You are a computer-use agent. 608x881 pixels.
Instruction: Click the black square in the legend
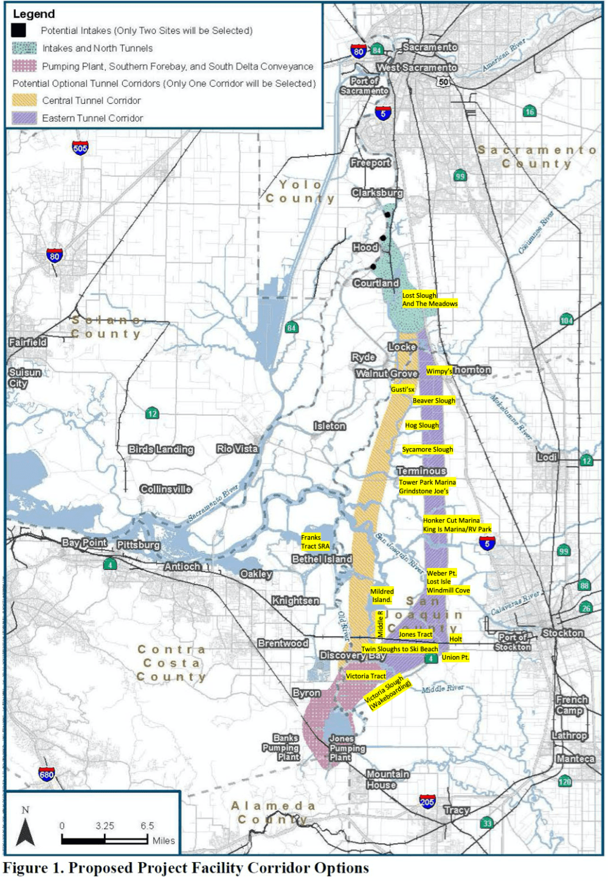pos(18,30)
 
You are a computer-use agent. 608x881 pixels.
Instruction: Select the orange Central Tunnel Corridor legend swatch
pos(24,100)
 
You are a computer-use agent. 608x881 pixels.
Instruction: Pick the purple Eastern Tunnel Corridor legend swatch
pos(24,118)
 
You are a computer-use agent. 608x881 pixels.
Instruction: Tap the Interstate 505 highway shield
pos(80,148)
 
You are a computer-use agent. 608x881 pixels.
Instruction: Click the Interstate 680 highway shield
pos(47,774)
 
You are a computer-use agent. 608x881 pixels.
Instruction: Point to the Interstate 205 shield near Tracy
pos(427,801)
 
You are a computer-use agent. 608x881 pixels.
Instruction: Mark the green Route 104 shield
pos(567,320)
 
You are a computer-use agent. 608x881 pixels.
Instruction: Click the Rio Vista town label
pos(237,449)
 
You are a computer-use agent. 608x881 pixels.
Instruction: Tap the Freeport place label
pos(370,163)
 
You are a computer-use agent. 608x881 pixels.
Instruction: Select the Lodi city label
pos(547,457)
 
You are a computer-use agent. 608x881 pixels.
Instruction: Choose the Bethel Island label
pos(322,559)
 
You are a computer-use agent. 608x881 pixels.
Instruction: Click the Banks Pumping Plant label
pos(282,747)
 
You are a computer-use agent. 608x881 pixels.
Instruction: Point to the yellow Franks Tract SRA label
pos(315,542)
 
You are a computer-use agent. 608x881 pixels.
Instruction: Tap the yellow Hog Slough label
pos(422,426)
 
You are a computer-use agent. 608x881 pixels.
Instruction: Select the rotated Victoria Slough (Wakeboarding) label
pos(388,692)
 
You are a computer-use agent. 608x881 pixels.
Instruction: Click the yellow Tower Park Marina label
pos(427,482)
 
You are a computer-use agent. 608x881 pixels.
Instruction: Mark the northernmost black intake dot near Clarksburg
pos(387,215)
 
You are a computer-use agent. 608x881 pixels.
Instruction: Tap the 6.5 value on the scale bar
pos(147,826)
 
